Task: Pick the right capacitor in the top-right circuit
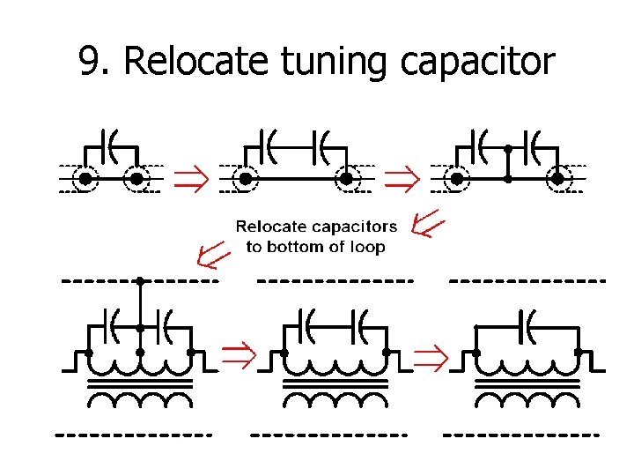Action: coord(533,142)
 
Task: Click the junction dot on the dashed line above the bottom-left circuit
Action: coord(140,281)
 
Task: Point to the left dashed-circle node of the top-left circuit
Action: coord(85,179)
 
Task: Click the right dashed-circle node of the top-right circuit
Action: coord(557,179)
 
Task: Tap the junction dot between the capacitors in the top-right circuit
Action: coord(507,150)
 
